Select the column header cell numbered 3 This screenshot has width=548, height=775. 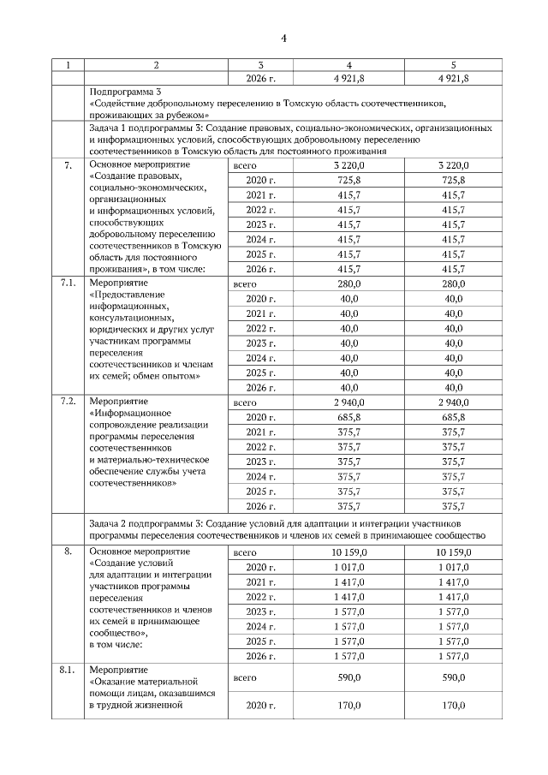coord(260,65)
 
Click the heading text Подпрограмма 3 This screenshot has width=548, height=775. coord(124,91)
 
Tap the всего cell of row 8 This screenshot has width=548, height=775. coord(245,553)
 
